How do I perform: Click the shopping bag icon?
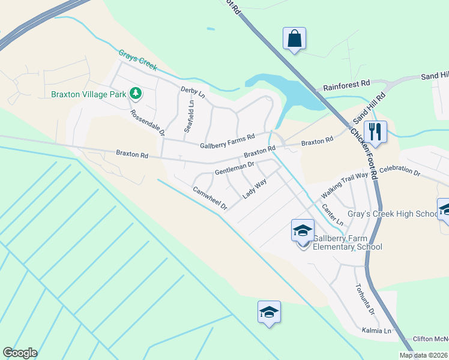pyautogui.click(x=295, y=39)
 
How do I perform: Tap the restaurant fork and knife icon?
pyautogui.click(x=375, y=131)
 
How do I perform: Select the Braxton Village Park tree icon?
pyautogui.click(x=136, y=93)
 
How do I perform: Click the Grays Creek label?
pyautogui.click(x=137, y=61)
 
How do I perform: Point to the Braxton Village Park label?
pyautogui.click(x=88, y=94)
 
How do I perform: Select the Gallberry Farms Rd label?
pyautogui.click(x=228, y=141)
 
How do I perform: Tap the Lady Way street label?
pyautogui.click(x=255, y=189)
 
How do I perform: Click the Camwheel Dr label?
pyautogui.click(x=210, y=198)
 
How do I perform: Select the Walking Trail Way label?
pyautogui.click(x=344, y=185)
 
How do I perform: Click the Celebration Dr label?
pyautogui.click(x=400, y=172)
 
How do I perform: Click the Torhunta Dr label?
pyautogui.click(x=364, y=299)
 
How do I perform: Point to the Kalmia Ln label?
pyautogui.click(x=376, y=331)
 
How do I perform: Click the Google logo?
pyautogui.click(x=20, y=353)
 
